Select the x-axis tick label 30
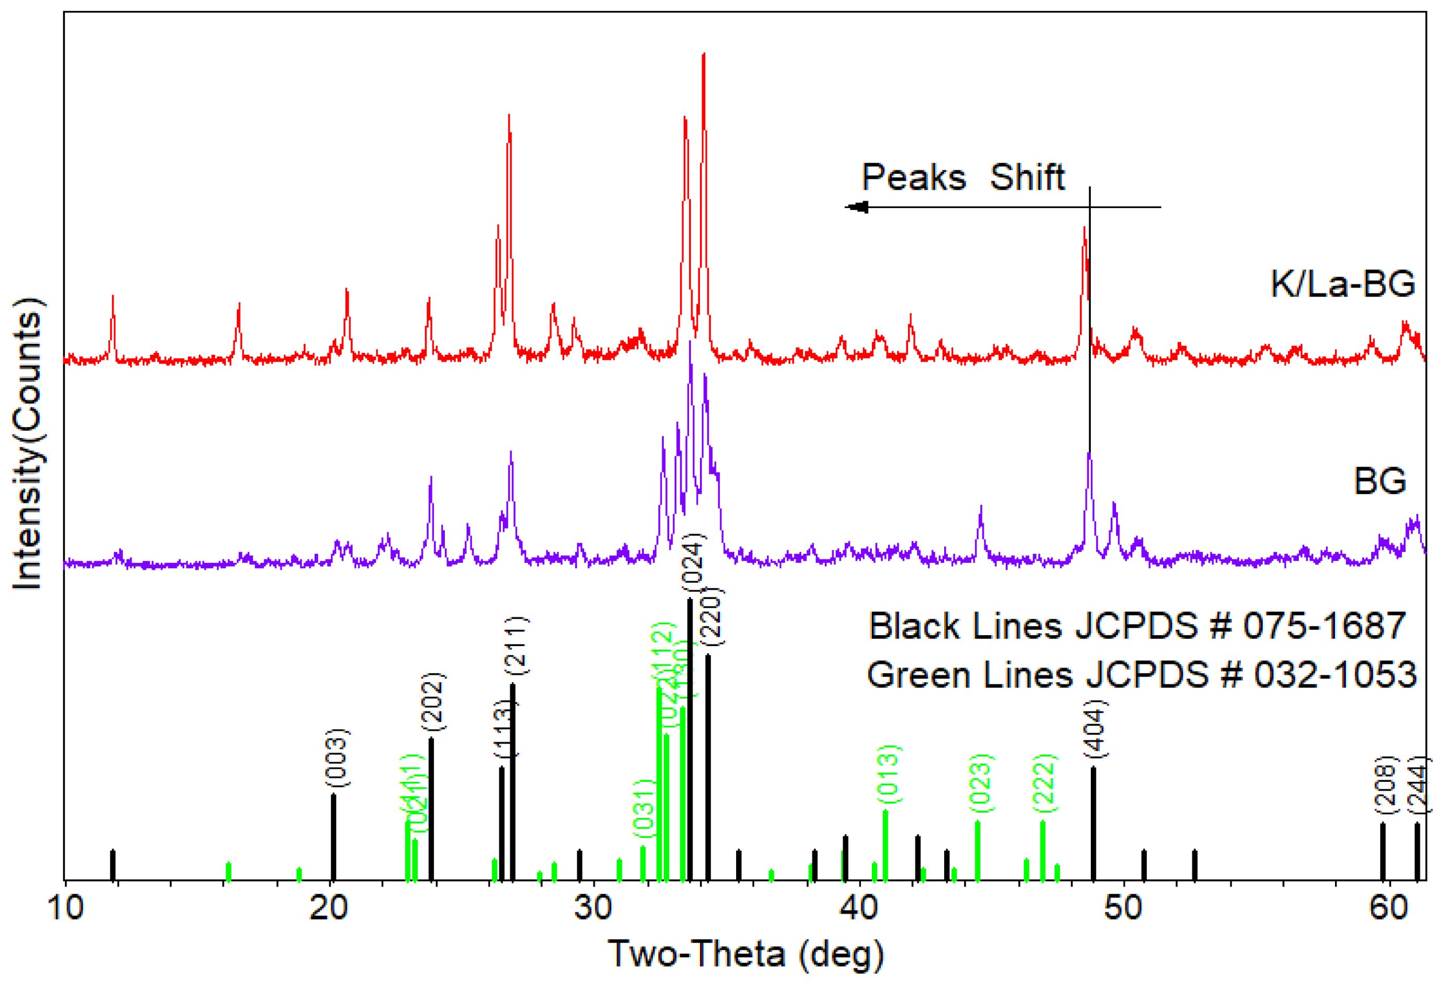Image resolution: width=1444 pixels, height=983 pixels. coord(595,909)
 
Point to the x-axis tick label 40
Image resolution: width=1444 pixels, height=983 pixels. coord(860,909)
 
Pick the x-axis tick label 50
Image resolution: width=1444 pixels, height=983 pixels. coord(1124,909)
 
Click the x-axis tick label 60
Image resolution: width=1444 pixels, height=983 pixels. coord(1390,909)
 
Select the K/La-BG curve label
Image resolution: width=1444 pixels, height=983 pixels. coord(1342,284)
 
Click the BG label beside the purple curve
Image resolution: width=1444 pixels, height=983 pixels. coord(1380,482)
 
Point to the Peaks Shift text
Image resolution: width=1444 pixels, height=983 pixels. coord(964,177)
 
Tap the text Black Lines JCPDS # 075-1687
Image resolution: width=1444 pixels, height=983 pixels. coord(1137,626)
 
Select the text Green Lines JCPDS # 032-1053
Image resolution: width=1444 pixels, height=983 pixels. coord(1142,675)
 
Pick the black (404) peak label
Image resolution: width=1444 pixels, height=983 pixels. coord(1096,728)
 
